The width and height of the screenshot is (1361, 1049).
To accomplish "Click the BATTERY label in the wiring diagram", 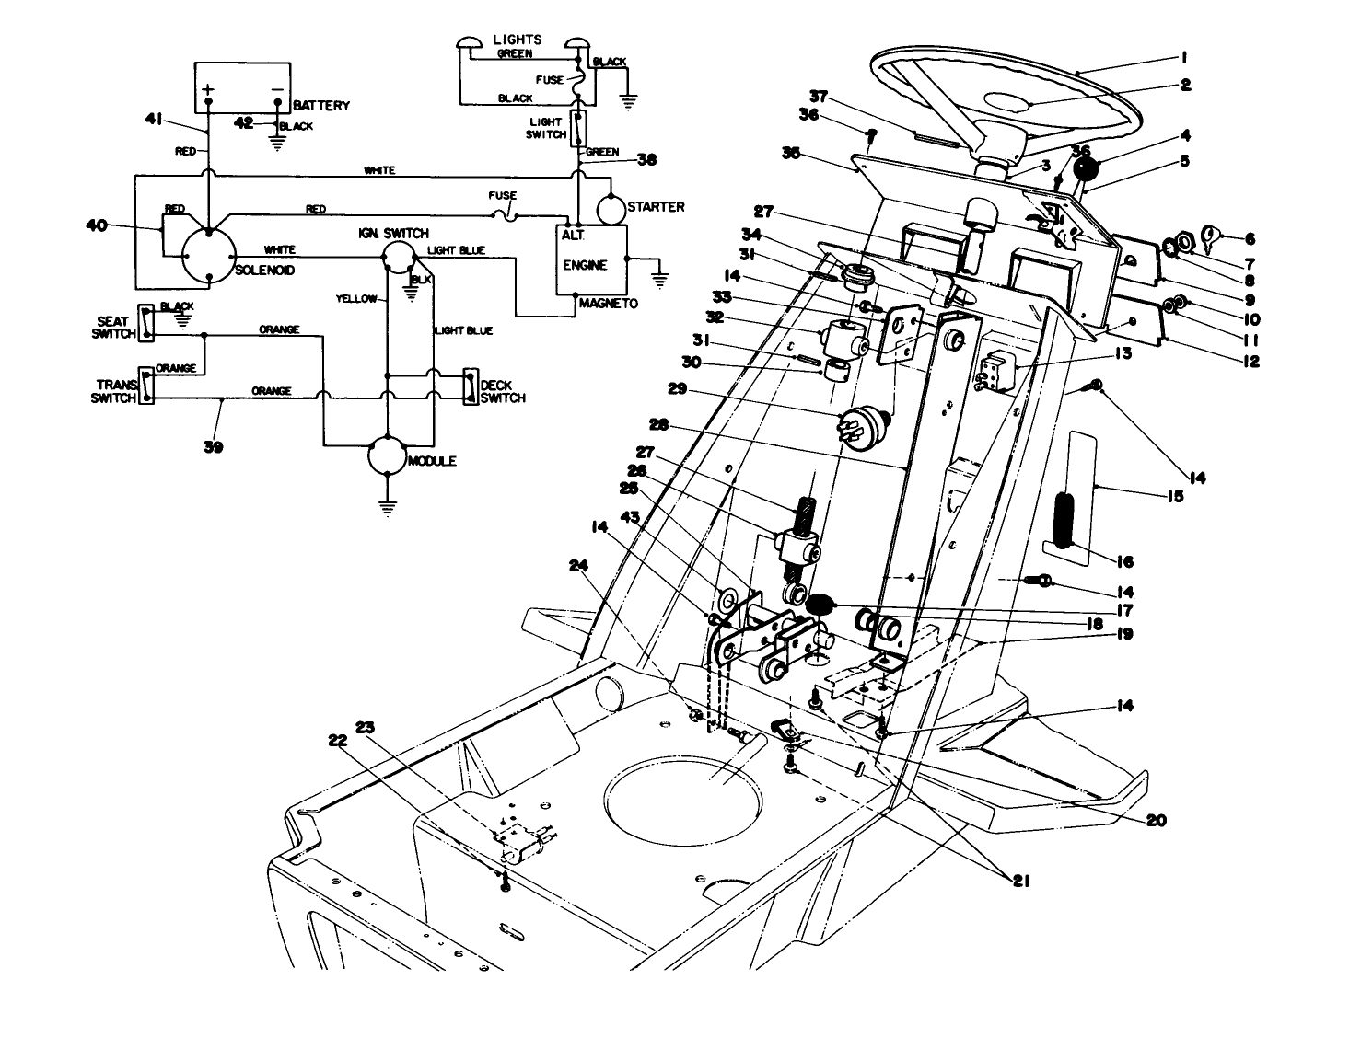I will pyautogui.click(x=321, y=106).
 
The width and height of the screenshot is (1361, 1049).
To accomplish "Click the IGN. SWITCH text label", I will pyautogui.click(x=393, y=234).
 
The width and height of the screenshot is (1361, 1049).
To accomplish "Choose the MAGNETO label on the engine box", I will pyautogui.click(x=608, y=304).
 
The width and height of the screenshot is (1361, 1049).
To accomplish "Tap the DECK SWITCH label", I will pyautogui.click(x=503, y=391).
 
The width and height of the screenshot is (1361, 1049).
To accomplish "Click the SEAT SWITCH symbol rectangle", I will pyautogui.click(x=145, y=323).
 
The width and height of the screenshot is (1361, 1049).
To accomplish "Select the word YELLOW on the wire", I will pyautogui.click(x=356, y=299).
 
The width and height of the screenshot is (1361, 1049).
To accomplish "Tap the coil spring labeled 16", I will pyautogui.click(x=1066, y=521).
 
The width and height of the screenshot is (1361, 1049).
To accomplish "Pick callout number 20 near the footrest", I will pyautogui.click(x=1156, y=820).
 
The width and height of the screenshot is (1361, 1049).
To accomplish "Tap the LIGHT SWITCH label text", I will pyautogui.click(x=546, y=128).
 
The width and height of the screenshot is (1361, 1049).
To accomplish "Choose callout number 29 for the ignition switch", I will pyautogui.click(x=678, y=389).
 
